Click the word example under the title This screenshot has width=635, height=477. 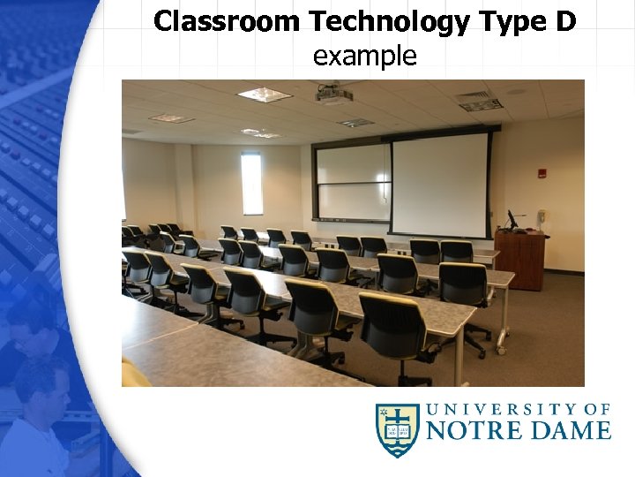364,57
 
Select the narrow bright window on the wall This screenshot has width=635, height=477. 252,184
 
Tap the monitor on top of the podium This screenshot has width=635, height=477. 512,219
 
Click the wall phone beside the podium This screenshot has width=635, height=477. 542,216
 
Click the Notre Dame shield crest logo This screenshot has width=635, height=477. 398,430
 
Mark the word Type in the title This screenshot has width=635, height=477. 508,21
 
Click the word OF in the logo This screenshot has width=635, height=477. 597,409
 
